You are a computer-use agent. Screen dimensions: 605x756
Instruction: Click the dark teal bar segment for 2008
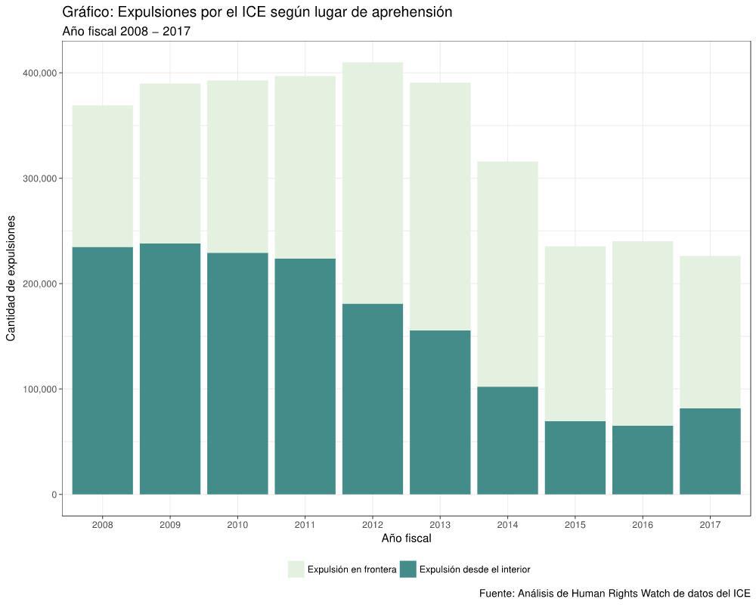(x=102, y=371)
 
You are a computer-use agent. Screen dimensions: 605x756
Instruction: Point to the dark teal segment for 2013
(x=440, y=412)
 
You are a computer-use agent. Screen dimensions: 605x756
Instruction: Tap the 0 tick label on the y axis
(x=54, y=495)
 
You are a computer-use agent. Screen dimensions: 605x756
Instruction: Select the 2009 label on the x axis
(x=170, y=524)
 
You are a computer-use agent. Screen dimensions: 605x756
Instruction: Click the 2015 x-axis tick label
(x=575, y=524)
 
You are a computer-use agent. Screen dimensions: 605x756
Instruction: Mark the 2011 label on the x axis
(x=305, y=524)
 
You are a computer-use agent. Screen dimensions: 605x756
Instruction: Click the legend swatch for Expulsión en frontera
(x=296, y=569)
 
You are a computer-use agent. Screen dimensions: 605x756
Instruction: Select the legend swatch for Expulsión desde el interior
(x=408, y=569)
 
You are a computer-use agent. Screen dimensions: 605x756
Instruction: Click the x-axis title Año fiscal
(x=406, y=539)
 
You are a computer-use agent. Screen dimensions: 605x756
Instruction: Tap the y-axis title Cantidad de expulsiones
(x=11, y=278)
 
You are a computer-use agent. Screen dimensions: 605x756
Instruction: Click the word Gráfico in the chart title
(x=86, y=12)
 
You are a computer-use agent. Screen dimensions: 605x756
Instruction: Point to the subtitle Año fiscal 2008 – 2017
(x=126, y=32)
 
